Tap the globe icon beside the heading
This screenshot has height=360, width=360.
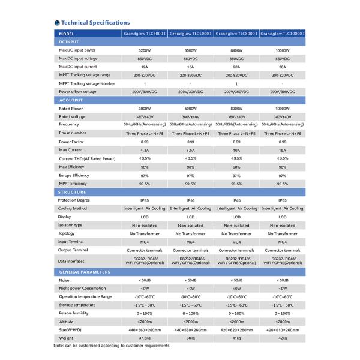(x=56, y=22)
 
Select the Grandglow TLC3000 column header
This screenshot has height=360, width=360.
(x=145, y=34)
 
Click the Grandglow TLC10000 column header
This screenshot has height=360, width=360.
(x=282, y=34)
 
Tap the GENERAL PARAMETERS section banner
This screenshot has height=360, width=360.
(x=84, y=272)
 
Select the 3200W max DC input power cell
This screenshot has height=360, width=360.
(x=145, y=51)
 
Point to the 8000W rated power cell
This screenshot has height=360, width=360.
(x=236, y=108)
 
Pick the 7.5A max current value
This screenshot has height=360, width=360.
(x=190, y=149)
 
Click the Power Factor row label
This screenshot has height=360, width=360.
(x=71, y=141)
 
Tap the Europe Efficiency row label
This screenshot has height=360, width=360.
(x=74, y=175)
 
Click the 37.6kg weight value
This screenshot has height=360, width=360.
(x=145, y=338)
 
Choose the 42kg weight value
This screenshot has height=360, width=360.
(x=282, y=338)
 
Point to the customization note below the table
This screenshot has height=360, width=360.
(x=111, y=346)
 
